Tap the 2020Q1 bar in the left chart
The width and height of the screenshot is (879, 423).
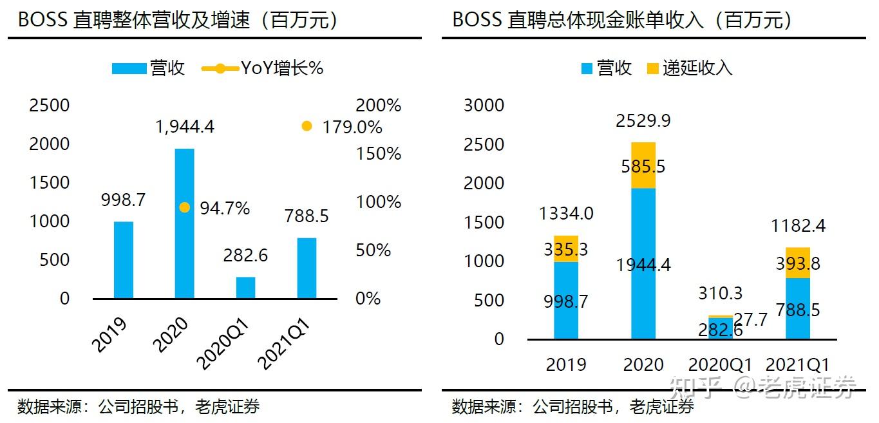point(245,288)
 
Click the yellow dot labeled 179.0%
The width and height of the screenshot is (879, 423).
point(307,126)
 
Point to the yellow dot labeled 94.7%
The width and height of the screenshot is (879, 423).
point(184,207)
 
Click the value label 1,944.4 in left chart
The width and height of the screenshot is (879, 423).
point(185,126)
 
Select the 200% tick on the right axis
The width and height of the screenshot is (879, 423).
point(378,106)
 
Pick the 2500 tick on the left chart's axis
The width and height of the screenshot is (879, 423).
point(49,105)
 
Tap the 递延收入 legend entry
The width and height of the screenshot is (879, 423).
point(690,68)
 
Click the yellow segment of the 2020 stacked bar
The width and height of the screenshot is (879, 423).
point(643,165)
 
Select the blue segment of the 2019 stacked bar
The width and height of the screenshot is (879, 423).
point(566,300)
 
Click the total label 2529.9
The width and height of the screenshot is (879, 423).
point(643,120)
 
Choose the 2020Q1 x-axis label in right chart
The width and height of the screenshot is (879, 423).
point(721,364)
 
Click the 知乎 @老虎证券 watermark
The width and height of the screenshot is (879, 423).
point(763,386)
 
